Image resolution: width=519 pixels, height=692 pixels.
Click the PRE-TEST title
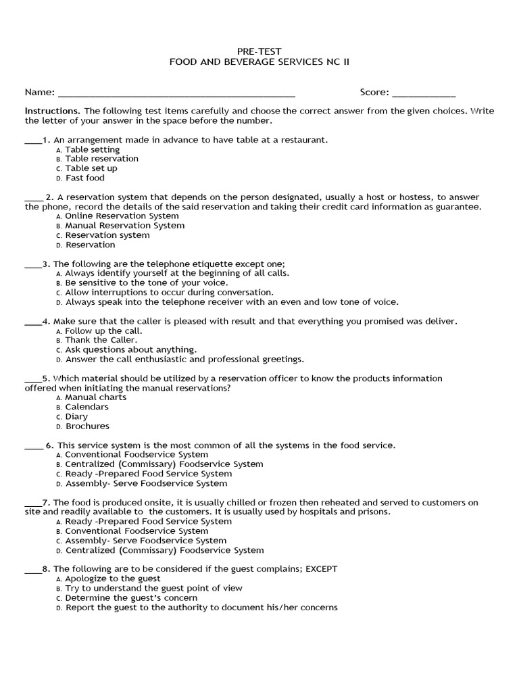259,51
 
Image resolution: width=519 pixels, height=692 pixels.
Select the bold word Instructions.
53,111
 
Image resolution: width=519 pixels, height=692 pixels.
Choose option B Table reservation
101,159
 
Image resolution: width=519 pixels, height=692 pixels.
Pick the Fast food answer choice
84,178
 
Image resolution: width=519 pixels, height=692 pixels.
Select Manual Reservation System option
124,226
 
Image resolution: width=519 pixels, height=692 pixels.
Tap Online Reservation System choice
122,216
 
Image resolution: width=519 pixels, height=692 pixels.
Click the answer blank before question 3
33,266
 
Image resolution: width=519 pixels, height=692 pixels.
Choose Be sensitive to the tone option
146,282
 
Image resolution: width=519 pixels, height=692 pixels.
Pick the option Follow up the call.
103,331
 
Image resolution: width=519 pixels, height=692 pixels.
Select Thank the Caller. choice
101,340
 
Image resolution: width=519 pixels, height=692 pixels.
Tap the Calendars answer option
86,407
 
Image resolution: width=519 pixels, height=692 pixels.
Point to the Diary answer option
76,417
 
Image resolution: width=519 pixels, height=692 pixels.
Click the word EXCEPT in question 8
321,569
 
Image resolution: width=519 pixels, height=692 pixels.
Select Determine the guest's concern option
131,598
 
